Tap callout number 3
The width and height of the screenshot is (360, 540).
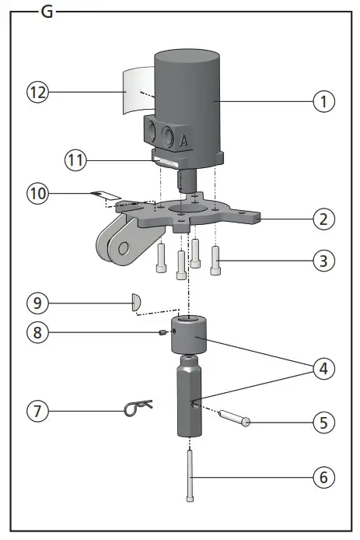pos(325,261)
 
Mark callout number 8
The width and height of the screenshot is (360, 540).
pos(39,331)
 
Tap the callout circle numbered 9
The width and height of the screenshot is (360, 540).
pos(39,300)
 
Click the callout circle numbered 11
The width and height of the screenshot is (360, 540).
pos(76,161)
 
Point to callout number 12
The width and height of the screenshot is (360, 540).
pos(39,92)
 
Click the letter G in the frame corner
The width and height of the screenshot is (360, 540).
pos(46,13)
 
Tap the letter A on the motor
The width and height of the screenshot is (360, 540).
pos(184,140)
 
